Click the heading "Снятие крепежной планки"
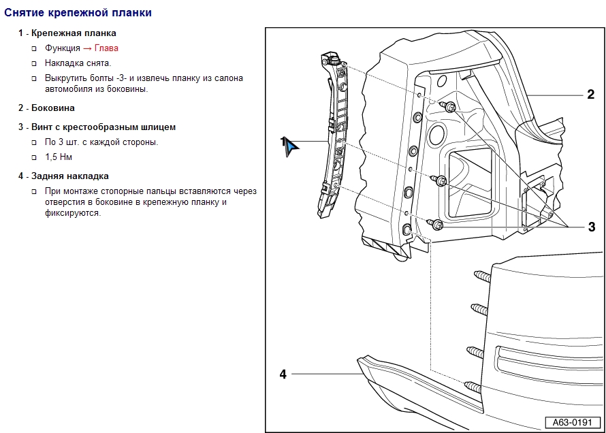coord(78,13)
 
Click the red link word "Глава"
coord(106,48)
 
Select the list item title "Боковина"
coord(53,108)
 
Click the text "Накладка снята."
coord(78,63)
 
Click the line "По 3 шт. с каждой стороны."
coord(101,142)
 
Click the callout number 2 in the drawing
coord(590,95)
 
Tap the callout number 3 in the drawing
coord(591,227)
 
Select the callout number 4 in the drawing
coord(283,373)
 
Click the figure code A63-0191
coord(571,423)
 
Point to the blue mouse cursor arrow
coord(291,147)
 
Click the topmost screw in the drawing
coord(448,106)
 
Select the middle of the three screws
coord(439,180)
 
